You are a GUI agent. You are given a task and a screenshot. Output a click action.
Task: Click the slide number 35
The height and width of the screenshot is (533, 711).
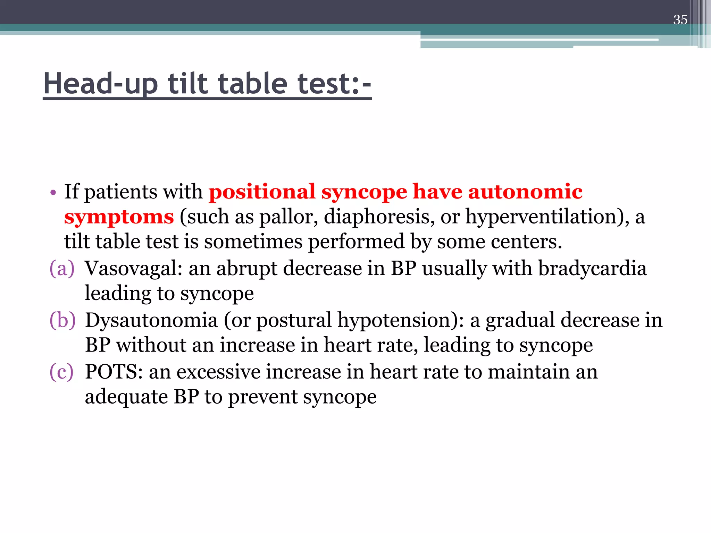point(680,20)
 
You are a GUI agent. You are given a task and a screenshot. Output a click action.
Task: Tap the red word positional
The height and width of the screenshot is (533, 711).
point(262,192)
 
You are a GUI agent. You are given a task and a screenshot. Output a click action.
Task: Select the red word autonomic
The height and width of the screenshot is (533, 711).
point(525,192)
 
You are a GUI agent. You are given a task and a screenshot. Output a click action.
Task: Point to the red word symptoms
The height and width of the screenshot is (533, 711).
point(119,217)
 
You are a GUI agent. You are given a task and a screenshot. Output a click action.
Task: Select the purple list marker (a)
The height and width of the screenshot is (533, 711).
point(62,268)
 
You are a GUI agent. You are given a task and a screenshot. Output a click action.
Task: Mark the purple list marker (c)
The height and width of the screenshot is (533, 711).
point(61,372)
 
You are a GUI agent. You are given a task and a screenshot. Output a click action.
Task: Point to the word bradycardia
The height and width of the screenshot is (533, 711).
point(592,268)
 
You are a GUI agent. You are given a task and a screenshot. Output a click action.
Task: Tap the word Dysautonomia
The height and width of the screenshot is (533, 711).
point(151,320)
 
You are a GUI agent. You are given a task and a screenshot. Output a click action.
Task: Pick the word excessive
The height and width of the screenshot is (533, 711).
point(218,372)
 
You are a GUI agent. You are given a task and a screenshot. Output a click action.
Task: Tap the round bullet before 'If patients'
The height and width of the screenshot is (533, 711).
point(53,193)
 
